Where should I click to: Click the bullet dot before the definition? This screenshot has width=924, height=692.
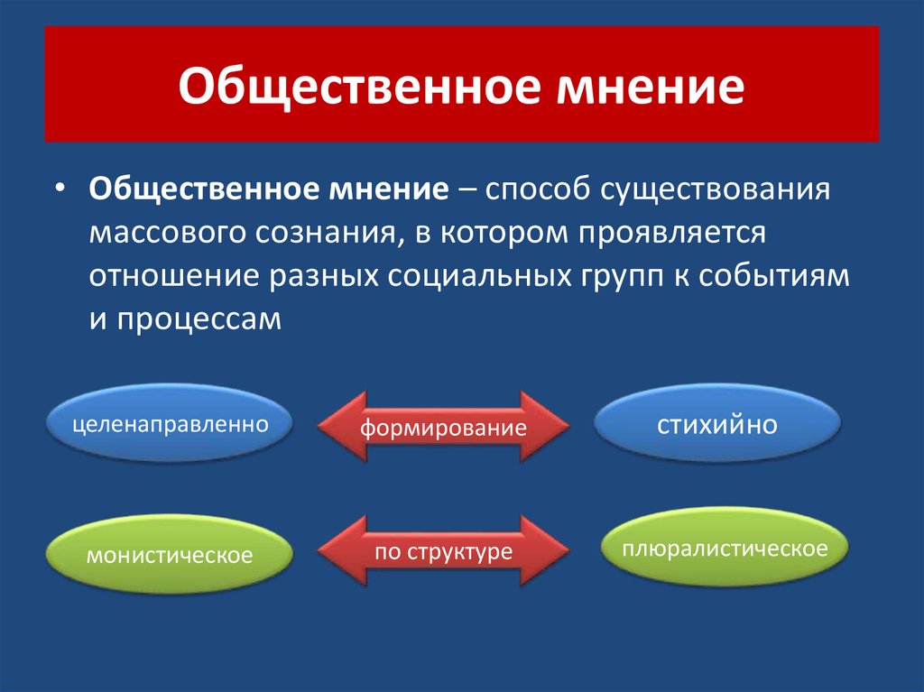click(x=59, y=188)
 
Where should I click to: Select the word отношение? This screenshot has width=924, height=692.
click(x=174, y=276)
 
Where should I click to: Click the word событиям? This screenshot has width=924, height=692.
click(x=774, y=276)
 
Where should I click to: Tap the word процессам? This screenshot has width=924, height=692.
click(x=199, y=319)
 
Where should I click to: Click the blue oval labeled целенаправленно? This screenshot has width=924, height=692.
click(x=170, y=423)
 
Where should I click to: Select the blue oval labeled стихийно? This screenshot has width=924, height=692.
click(x=717, y=423)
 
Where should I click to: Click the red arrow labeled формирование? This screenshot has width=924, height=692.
click(x=443, y=426)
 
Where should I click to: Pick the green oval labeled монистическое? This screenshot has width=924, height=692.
click(x=170, y=554)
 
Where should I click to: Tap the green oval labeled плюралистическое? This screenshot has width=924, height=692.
click(x=725, y=547)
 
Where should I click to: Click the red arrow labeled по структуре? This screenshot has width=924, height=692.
click(x=443, y=551)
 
